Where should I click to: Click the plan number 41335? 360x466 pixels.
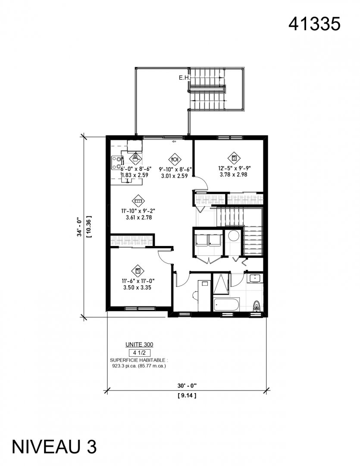314,24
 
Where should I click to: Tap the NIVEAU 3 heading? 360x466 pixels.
54,447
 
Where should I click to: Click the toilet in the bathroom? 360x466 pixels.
257,305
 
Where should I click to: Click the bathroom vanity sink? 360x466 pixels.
255,278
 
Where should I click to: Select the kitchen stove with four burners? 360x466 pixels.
117,163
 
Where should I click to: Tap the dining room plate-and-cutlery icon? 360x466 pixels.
175,159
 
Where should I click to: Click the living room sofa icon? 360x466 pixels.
138,201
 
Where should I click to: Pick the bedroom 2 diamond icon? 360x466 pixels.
234,158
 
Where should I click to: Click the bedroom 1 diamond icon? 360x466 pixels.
138,271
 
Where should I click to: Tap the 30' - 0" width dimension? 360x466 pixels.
187,386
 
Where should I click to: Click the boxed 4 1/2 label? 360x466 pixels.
140,353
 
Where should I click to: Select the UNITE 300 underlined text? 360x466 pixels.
139,345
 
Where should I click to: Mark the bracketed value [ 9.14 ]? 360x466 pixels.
187,396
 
